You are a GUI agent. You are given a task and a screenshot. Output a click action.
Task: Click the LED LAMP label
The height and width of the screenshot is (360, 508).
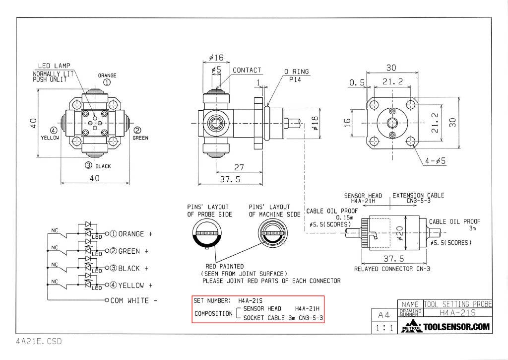pos(54,66)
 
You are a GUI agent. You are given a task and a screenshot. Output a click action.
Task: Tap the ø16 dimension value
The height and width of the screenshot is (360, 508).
pos(216,58)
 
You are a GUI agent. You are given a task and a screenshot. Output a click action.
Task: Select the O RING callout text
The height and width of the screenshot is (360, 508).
pos(297,72)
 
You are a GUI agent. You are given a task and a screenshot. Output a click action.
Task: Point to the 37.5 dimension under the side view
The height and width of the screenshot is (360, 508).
pos(230,179)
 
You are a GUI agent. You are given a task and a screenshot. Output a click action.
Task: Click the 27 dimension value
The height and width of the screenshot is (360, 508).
pos(239,167)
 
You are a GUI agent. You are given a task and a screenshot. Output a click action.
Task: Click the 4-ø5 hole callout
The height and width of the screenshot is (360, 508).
pos(436,160)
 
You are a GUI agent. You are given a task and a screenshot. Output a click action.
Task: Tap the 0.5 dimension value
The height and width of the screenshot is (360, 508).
pos(357,83)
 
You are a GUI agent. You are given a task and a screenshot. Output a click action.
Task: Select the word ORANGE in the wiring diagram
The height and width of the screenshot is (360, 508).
pos(131,234)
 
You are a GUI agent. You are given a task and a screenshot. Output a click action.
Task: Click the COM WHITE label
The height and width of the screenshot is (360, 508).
pos(129,300)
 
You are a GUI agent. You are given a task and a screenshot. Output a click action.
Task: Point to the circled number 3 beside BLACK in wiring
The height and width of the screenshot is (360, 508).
pos(113,268)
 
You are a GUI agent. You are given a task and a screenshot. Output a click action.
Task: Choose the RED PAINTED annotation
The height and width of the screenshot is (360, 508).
pos(225,266)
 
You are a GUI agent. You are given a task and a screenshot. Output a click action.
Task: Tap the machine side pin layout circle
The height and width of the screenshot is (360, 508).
pos(273,233)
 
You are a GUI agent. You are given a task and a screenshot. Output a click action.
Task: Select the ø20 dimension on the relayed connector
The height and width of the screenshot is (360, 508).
pos(400,233)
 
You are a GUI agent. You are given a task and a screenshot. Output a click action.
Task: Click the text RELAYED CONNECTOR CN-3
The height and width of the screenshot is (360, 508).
pos(392,269)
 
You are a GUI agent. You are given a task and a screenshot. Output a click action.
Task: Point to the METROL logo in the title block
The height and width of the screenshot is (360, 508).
pos(411,326)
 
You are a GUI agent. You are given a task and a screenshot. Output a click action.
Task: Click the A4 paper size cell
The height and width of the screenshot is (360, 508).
pos(384,315)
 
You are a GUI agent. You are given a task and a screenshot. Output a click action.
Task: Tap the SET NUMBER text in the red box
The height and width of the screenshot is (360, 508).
pos(212,300)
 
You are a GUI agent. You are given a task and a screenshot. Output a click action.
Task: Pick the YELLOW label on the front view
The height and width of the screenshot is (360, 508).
pos(50,138)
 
